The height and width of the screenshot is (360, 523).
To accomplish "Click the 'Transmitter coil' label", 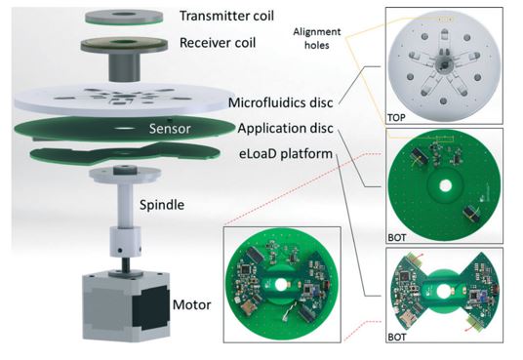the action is click(x=226, y=16).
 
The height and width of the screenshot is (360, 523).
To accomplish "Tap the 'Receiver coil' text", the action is click(x=218, y=43).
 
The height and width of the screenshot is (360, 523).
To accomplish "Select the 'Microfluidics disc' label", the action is click(x=280, y=102).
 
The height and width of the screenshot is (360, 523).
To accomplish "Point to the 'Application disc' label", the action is click(x=285, y=128).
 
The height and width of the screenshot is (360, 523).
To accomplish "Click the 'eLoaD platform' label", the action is click(x=286, y=154).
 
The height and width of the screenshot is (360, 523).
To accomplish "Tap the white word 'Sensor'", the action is click(x=170, y=129).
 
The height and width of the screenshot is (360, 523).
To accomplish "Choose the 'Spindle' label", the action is click(x=162, y=205).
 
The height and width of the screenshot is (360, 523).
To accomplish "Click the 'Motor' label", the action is click(x=192, y=304).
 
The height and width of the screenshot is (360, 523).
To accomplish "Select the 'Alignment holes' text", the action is click(x=317, y=38).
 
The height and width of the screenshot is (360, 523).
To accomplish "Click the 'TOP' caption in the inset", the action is click(x=396, y=117).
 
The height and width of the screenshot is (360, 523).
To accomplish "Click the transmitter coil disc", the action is click(x=124, y=17).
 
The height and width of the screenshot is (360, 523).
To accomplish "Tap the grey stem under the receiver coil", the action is click(x=124, y=66).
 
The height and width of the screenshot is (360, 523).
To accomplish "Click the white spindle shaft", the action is click(x=124, y=204).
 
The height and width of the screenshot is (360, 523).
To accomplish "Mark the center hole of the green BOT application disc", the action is click(x=445, y=185).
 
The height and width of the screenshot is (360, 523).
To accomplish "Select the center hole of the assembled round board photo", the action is click(x=281, y=285).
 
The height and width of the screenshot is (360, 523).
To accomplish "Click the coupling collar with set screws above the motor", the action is click(x=126, y=242).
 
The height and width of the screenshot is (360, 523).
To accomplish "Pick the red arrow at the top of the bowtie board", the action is click(x=421, y=256).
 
